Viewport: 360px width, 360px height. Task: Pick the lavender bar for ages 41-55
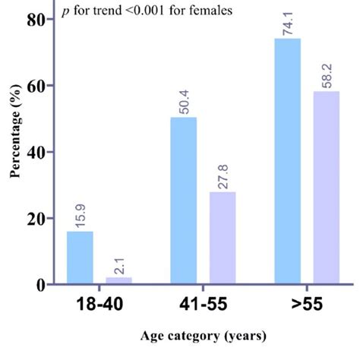pos(223,238)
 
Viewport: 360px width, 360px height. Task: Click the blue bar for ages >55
pos(288,162)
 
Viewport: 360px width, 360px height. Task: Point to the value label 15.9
pos(80,215)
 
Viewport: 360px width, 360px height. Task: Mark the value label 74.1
pos(288,22)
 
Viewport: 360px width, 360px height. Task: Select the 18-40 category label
pos(97,305)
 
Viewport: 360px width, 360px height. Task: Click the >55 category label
pos(306,305)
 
